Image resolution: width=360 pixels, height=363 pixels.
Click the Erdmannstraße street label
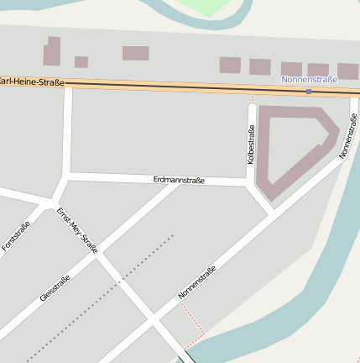click(179, 180)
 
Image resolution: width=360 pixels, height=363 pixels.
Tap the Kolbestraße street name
click(250, 144)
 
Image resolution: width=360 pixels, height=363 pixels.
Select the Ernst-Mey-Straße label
click(77, 229)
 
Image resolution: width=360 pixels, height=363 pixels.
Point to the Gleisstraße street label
click(55, 288)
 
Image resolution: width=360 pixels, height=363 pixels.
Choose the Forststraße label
click(17, 236)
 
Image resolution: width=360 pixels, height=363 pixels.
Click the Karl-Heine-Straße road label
click(32, 82)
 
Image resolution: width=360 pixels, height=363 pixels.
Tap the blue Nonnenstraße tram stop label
click(310, 79)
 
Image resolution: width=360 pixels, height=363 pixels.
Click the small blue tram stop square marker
click(310, 91)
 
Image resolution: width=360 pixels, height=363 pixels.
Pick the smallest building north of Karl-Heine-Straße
click(81, 61)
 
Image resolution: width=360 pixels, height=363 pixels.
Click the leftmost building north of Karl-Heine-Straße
click(52, 51)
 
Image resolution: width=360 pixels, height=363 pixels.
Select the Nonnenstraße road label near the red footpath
click(197, 282)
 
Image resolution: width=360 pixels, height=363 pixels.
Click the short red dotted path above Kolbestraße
click(252, 98)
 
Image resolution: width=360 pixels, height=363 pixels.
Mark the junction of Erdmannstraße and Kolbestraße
click(250, 181)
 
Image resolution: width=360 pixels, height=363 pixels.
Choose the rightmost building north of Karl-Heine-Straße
click(348, 71)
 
